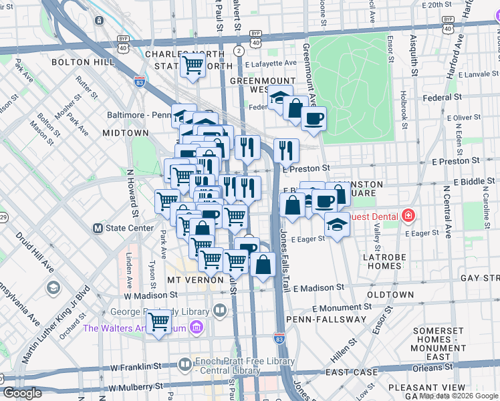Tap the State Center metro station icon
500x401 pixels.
(x=98, y=228)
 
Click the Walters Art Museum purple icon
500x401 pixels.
(x=196, y=327)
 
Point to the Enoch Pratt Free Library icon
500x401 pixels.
(x=184, y=364)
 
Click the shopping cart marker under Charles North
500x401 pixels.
(x=193, y=65)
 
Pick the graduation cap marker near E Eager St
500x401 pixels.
(x=338, y=225)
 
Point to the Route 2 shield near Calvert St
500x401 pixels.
(x=239, y=51)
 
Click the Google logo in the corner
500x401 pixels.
(x=22, y=393)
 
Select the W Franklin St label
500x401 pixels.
(x=136, y=367)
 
